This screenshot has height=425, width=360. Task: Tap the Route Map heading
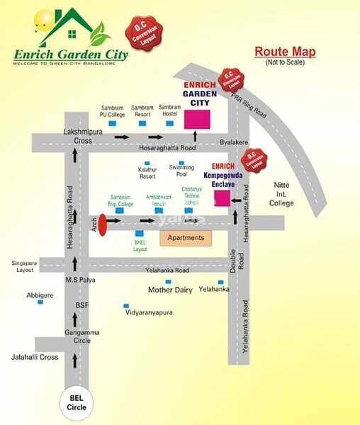point(285,52)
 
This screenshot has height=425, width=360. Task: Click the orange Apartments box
point(186,238)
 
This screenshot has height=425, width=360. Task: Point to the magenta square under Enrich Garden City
point(197,119)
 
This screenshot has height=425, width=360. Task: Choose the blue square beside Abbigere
point(40,302)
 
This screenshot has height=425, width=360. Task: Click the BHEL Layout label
point(140,246)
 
